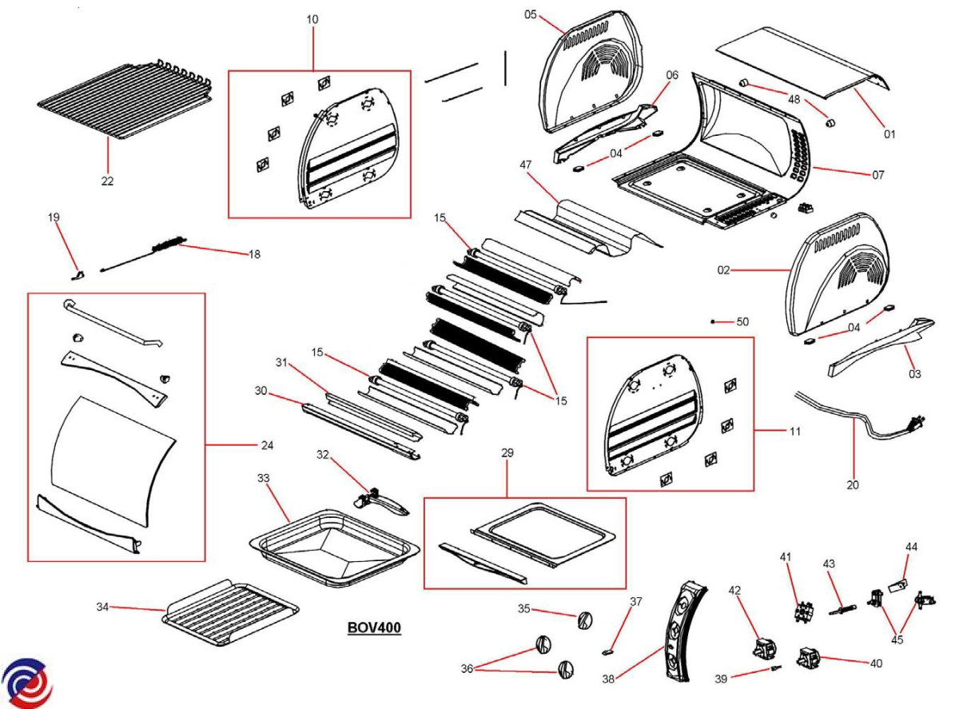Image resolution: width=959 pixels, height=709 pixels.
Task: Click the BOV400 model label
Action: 374,628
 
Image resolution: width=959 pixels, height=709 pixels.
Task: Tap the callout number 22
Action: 107,181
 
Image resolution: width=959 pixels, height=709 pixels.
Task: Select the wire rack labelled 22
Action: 124,100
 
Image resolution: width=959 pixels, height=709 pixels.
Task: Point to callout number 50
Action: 743,322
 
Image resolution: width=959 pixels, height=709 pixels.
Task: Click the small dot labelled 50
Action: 712,321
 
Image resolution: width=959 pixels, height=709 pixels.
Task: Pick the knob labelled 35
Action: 584,619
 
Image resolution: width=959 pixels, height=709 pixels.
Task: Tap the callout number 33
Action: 263,478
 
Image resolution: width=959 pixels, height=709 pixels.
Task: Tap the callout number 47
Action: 526,165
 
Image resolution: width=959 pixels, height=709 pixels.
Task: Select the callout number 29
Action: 507,453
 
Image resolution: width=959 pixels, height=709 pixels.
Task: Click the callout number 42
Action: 734,591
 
